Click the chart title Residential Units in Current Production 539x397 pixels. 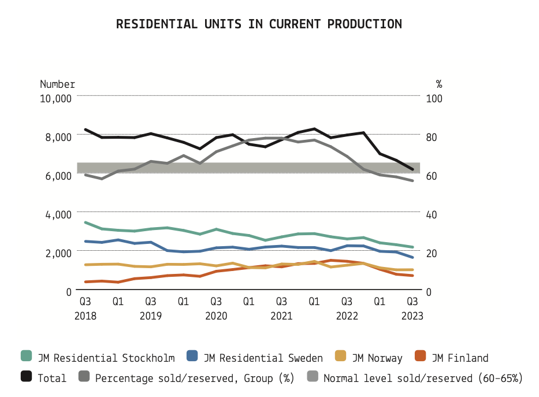coord(259,24)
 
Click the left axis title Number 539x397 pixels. coord(57,84)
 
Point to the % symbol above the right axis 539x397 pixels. coord(438,84)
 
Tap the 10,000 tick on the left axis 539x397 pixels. coord(55,98)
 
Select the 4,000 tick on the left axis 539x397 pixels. coord(58,214)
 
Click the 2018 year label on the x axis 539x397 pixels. coord(85,316)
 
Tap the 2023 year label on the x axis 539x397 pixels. coord(412,316)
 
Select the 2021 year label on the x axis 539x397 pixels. coord(281,316)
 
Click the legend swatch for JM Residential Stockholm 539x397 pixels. coord(27,357)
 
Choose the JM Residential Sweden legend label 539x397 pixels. coord(263,358)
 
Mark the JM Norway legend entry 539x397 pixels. coord(377,358)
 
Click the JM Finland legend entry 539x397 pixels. coord(460,358)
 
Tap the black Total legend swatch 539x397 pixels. coord(27,377)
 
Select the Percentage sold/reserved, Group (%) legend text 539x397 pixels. coord(194,378)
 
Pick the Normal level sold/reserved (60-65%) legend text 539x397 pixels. coord(423,378)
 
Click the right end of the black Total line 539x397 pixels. coord(412,169)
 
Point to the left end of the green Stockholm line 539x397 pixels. coord(86,222)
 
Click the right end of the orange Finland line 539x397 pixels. coord(412,276)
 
